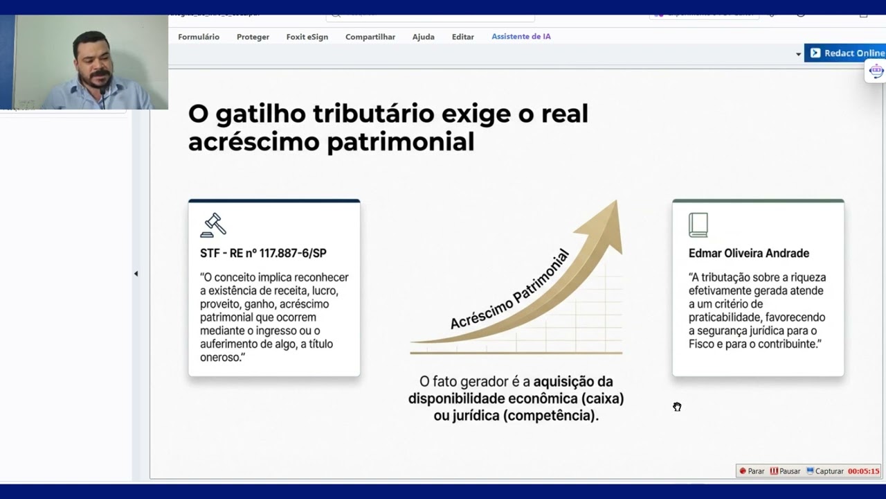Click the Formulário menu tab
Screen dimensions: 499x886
pyautogui.click(x=199, y=37)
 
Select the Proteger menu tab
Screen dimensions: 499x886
pyautogui.click(x=253, y=37)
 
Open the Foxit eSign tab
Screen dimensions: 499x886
pyautogui.click(x=307, y=37)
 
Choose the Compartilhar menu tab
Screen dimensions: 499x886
pyautogui.click(x=370, y=37)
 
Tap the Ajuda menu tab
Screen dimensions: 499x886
pyautogui.click(x=423, y=37)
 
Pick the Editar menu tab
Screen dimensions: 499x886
pyautogui.click(x=462, y=37)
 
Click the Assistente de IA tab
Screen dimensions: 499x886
pyautogui.click(x=521, y=37)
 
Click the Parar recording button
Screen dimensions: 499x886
pyautogui.click(x=752, y=471)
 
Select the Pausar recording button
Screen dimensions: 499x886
pyautogui.click(x=785, y=471)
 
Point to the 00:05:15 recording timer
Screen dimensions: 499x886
pyautogui.click(x=863, y=471)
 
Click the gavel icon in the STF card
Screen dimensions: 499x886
pyautogui.click(x=213, y=225)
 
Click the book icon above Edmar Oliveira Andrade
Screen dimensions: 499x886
pyautogui.click(x=698, y=225)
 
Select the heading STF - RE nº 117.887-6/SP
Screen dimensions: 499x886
pyautogui.click(x=263, y=254)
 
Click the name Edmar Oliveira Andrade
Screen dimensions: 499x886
pyautogui.click(x=748, y=254)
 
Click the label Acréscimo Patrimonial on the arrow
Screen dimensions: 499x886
pyautogui.click(x=509, y=290)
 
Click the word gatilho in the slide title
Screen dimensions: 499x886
pyautogui.click(x=260, y=114)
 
